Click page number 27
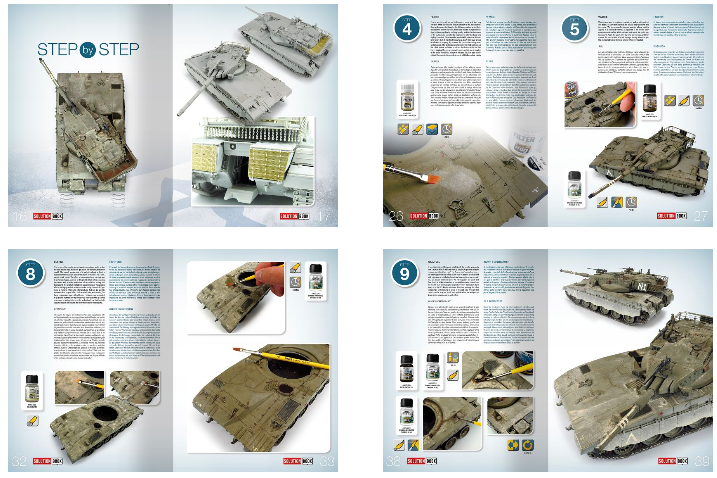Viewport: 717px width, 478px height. point(701,216)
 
